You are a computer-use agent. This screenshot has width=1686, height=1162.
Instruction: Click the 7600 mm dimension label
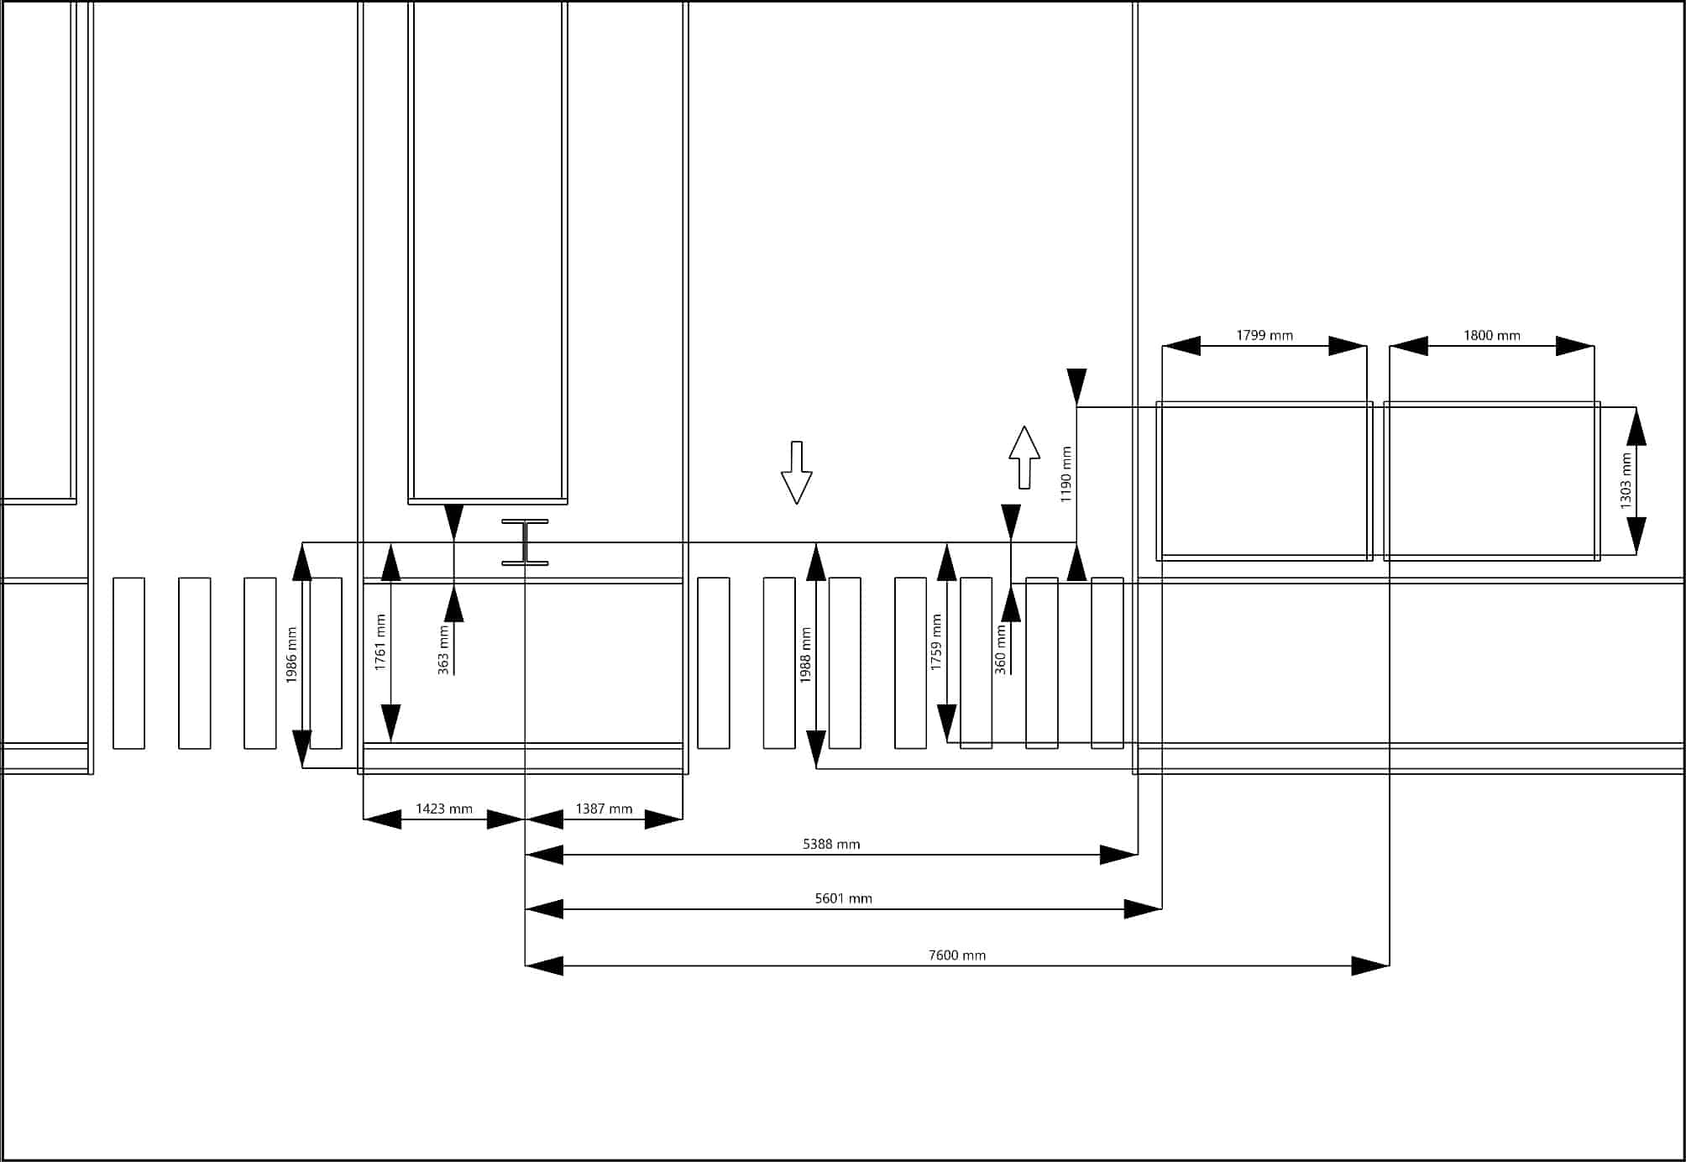tap(956, 955)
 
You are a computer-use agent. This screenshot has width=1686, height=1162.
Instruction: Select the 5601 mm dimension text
tap(843, 898)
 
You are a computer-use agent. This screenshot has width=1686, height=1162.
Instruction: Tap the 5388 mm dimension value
tap(831, 844)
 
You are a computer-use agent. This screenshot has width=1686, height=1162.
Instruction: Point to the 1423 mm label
tap(444, 809)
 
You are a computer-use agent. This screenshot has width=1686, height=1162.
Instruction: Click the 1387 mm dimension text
tap(604, 809)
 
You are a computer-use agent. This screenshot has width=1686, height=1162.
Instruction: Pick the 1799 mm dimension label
tap(1264, 336)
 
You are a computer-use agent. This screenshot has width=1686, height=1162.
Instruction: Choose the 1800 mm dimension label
tap(1491, 336)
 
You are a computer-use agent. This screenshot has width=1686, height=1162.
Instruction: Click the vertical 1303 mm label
tap(1626, 481)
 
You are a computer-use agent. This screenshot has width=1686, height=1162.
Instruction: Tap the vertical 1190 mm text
tap(1066, 474)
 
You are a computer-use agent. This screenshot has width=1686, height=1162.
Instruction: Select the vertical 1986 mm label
tap(291, 655)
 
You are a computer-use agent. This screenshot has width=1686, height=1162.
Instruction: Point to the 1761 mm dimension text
tap(380, 642)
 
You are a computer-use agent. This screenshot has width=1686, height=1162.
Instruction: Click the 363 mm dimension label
tap(443, 651)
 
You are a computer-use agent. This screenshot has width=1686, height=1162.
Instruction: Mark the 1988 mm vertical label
tap(805, 655)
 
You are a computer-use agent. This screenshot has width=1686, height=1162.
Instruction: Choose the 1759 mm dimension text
tap(936, 642)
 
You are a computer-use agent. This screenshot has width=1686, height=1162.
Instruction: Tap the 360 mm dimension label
tap(1000, 650)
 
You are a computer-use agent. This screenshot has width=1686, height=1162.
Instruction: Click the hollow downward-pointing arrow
tap(796, 473)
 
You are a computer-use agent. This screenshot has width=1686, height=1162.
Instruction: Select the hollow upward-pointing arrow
tap(1024, 458)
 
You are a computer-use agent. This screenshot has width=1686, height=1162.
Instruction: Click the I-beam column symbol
tap(525, 542)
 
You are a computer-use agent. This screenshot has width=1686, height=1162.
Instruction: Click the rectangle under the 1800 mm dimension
tap(1491, 481)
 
